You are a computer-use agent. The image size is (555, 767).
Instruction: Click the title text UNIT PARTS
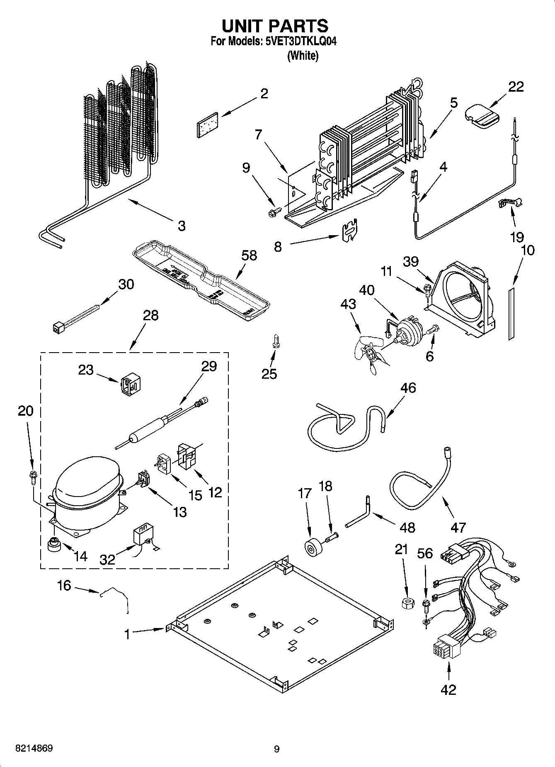275,26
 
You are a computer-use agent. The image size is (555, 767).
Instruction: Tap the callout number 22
516,87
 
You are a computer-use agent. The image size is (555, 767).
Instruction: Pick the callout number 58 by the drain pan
249,256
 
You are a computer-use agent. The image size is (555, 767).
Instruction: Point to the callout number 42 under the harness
448,689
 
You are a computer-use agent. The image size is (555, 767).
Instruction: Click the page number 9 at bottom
276,749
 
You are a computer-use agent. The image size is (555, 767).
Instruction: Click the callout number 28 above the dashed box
150,315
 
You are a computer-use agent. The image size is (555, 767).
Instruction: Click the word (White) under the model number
303,56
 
